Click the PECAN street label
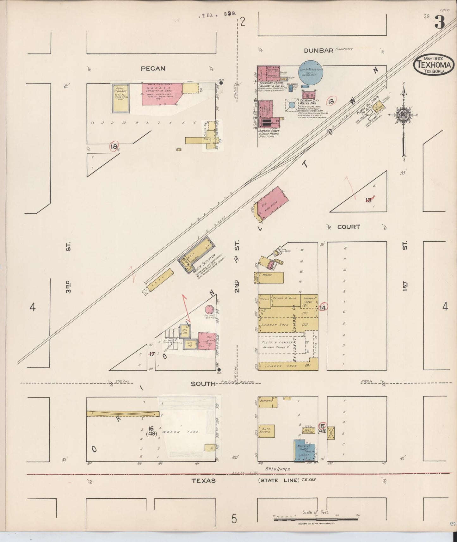coord(153,68)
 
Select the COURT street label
coord(348,227)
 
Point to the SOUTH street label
coord(203,384)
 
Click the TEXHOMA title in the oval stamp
coord(433,65)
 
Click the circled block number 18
coord(114,146)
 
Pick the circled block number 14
coord(323,307)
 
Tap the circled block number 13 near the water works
coord(331,102)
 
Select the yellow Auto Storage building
coord(120,98)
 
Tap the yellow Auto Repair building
coord(266,431)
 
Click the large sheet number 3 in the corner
coord(440,23)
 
